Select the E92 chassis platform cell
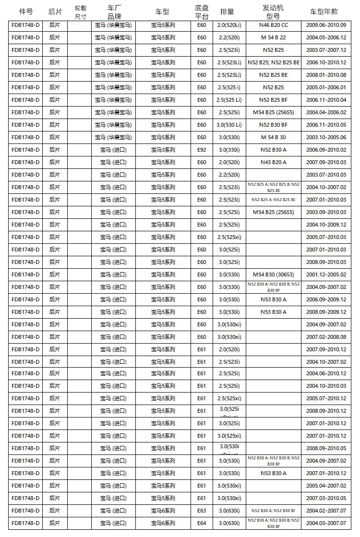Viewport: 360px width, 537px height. point(202,150)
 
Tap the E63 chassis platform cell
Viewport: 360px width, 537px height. point(202,511)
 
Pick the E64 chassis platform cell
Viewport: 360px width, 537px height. point(202,523)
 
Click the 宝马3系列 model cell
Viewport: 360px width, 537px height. point(163,150)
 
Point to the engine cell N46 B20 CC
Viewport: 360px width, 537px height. point(273,25)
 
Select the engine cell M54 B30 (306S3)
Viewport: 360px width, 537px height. point(273,274)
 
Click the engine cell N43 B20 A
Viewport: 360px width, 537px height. point(273,162)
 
